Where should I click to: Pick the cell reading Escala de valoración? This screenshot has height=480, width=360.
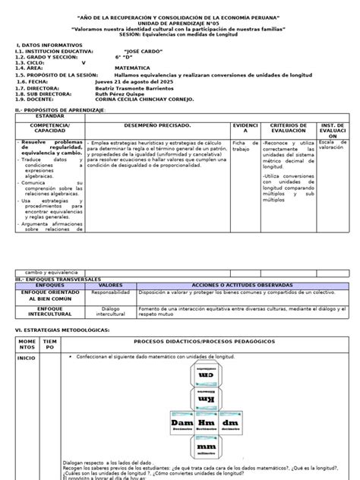(331, 146)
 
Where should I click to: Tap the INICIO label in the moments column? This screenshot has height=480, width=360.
(27, 357)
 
